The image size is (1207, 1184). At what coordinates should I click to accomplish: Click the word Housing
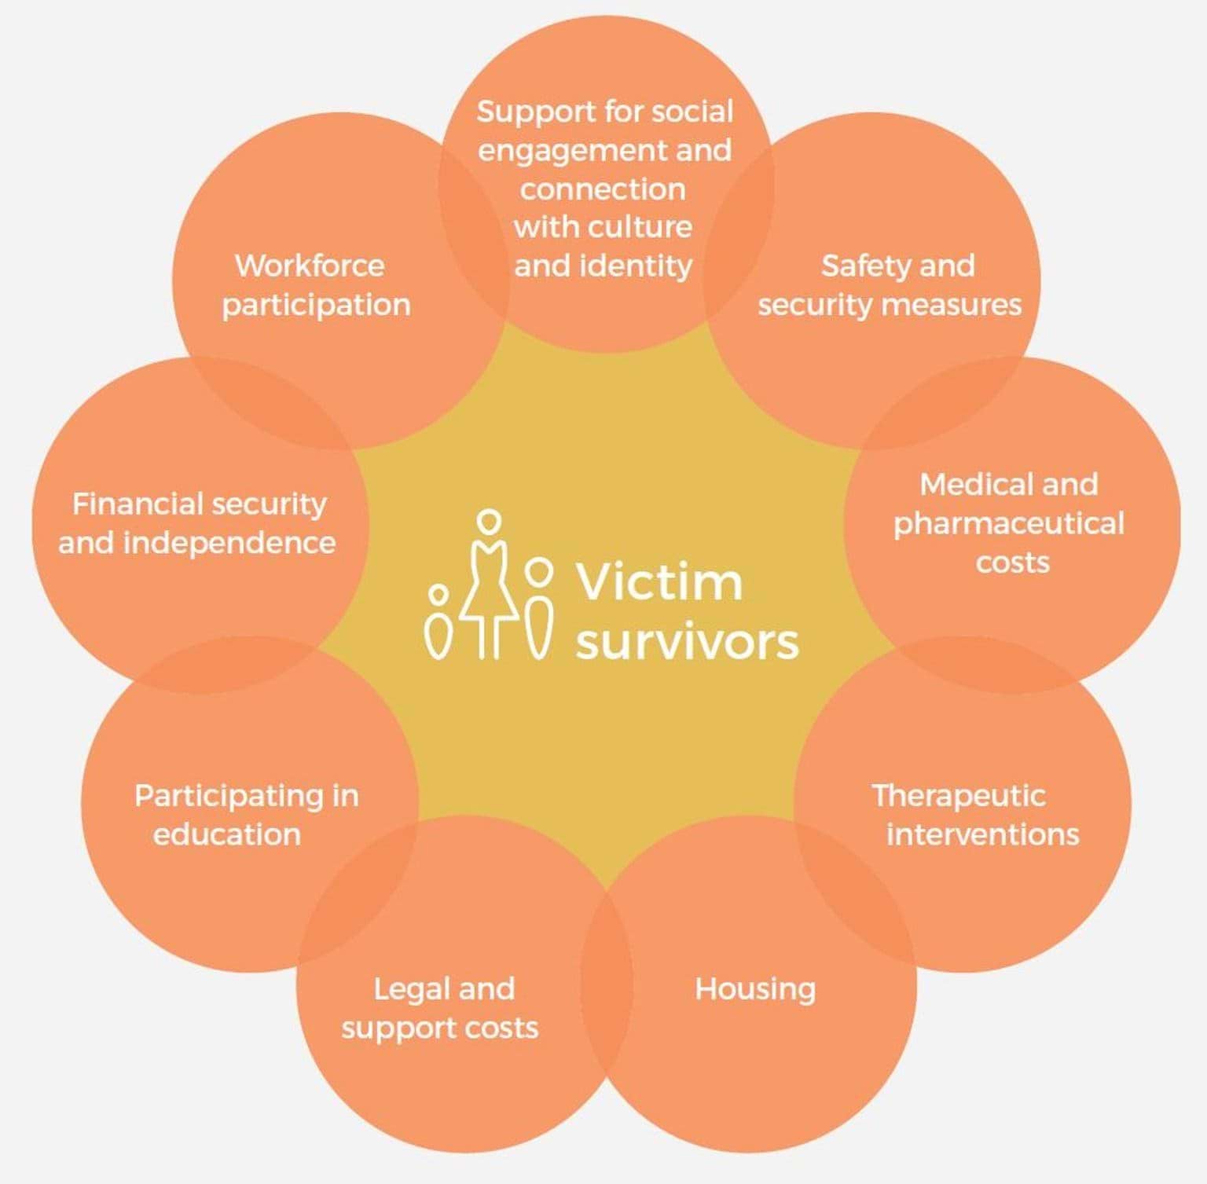click(x=754, y=989)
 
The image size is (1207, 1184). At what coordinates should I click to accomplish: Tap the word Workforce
click(x=310, y=266)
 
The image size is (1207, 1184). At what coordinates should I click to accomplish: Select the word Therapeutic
click(x=958, y=795)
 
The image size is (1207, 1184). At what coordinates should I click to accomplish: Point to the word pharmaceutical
click(x=1008, y=524)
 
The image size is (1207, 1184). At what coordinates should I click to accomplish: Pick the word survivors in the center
click(x=687, y=642)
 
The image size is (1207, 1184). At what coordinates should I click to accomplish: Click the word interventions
click(x=982, y=834)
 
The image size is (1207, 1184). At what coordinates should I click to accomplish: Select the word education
click(x=226, y=834)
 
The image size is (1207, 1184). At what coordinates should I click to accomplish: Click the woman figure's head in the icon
click(x=489, y=521)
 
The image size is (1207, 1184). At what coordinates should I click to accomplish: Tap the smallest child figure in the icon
click(x=438, y=625)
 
